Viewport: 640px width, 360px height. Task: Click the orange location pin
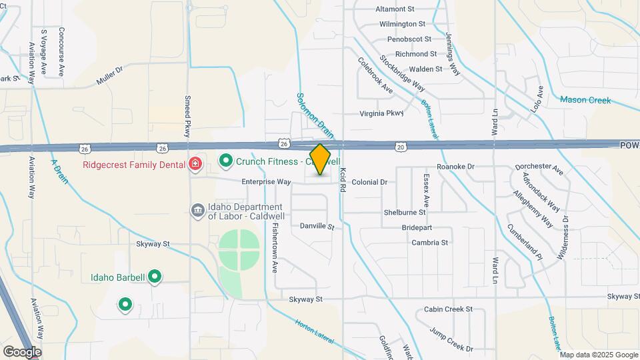[x=321, y=159]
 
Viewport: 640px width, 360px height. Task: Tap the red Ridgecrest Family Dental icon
[x=195, y=164]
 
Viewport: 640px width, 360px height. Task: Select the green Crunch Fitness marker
[x=226, y=161]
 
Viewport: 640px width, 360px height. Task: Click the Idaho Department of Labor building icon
[x=197, y=211]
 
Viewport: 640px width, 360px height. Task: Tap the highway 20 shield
[x=400, y=146]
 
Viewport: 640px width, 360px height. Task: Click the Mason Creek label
[x=585, y=100]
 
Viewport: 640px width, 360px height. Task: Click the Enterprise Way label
[x=266, y=181]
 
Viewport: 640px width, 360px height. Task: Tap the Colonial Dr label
[x=369, y=182]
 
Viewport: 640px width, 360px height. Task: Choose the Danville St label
[x=316, y=227]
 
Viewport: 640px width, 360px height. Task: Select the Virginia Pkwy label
[x=381, y=113]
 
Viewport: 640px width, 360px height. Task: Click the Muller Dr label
[x=111, y=75]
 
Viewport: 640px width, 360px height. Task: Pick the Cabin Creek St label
[x=448, y=309]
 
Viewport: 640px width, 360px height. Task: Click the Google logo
[x=22, y=351]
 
